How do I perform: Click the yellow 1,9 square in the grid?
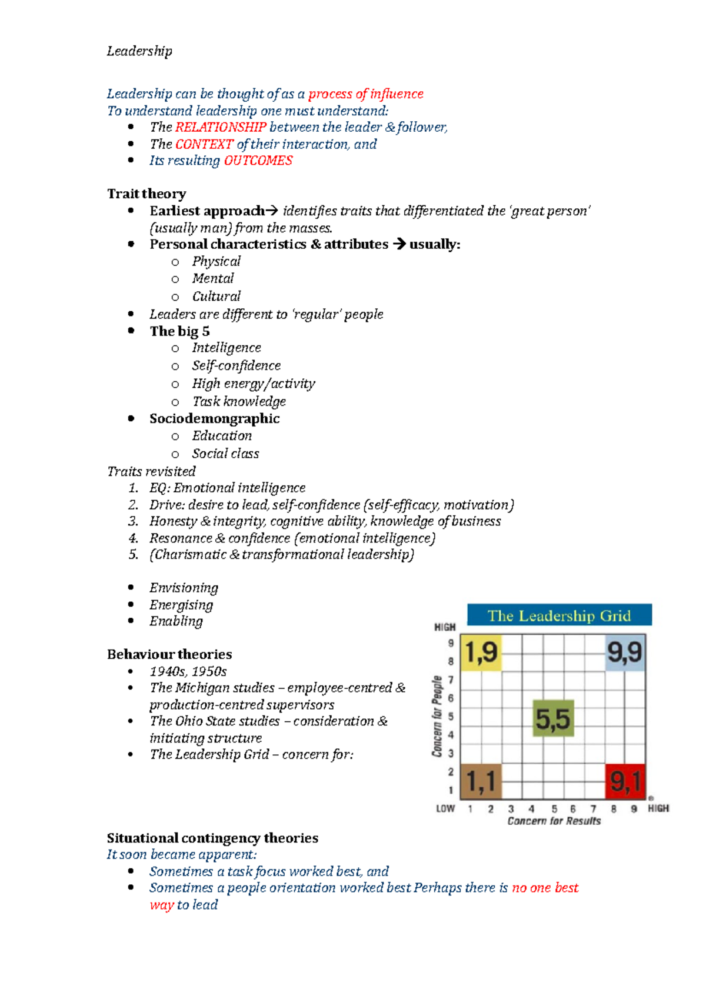pos(481,652)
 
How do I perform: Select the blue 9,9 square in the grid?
pos(625,652)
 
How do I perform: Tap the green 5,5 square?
pos(553,718)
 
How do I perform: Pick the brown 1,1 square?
pos(481,781)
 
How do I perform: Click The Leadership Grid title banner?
pos(559,615)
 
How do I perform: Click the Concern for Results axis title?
pos(554,821)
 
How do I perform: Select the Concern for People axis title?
pos(437,716)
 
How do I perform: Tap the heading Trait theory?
pos(146,194)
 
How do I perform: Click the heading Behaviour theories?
pos(169,654)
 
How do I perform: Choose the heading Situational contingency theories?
pos(212,838)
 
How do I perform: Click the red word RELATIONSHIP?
pos(221,127)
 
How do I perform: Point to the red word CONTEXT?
pos(204,144)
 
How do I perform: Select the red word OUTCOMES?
pos(258,161)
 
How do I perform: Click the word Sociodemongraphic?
pos(214,418)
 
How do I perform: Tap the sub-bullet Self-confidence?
pos(236,365)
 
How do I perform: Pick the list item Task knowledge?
pos(239,401)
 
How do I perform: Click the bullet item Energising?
pos(181,605)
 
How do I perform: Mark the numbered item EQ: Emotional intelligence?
pos(227,488)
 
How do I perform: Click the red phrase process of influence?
pos(366,94)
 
